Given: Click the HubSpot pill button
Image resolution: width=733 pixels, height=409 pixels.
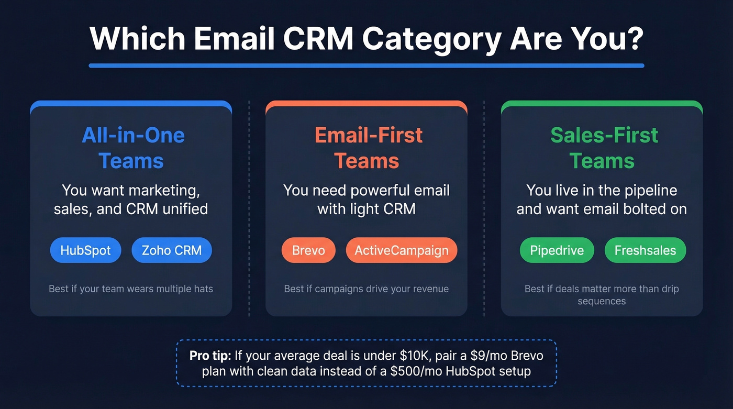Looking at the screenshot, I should coord(85,250).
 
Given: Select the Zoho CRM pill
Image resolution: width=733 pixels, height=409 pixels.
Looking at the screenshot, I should coord(171,250).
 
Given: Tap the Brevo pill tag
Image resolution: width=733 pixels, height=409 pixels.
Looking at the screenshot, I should coord(308,250).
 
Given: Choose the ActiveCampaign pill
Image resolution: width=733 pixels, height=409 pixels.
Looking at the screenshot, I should coord(402,250).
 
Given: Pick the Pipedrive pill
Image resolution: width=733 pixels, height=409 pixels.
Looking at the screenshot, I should coord(557,250).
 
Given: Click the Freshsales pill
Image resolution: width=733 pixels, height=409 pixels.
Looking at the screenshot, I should coord(645,250).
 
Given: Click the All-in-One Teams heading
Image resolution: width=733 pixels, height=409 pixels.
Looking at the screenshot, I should coord(133,148).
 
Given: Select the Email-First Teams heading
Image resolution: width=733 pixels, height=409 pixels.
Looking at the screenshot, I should coord(369,148).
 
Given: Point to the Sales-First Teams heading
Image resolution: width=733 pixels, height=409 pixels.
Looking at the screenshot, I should coord(604,148).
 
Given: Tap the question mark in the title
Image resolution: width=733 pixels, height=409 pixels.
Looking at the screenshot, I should coord(635,38).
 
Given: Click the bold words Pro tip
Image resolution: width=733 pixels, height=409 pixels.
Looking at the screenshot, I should coord(210,356).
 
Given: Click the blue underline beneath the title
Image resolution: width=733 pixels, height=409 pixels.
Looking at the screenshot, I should coord(366,65).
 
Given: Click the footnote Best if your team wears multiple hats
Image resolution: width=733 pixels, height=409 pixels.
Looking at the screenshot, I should coord(131,289).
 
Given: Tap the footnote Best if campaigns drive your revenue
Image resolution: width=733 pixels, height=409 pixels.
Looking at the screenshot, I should coord(366,289).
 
